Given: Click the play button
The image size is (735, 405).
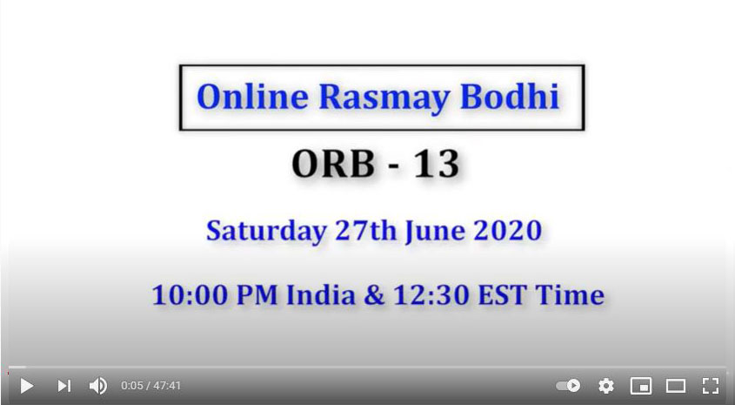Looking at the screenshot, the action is pyautogui.click(x=27, y=386).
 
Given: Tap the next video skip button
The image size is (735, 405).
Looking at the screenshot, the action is pyautogui.click(x=64, y=386).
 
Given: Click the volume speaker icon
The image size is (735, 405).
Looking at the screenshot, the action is pyautogui.click(x=98, y=386).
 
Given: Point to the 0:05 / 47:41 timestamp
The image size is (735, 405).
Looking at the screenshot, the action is pyautogui.click(x=151, y=386).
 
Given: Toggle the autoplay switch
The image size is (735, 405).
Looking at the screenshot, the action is pyautogui.click(x=568, y=386).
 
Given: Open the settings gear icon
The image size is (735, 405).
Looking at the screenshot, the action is pyautogui.click(x=606, y=386).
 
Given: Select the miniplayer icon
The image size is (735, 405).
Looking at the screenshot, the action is pyautogui.click(x=641, y=386).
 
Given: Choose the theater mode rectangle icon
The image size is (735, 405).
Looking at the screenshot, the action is pyautogui.click(x=676, y=386).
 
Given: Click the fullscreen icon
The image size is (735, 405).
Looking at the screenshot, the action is pyautogui.click(x=710, y=386).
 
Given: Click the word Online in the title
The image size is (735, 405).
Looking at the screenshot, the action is pyautogui.click(x=252, y=97).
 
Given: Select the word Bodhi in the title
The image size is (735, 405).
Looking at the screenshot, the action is pyautogui.click(x=510, y=97).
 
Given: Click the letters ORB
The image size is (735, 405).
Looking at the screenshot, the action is pyautogui.click(x=333, y=164).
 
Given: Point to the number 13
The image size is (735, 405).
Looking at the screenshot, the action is pyautogui.click(x=436, y=164).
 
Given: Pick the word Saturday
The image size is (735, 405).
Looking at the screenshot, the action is pyautogui.click(x=267, y=231).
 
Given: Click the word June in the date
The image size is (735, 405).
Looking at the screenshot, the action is pyautogui.click(x=435, y=231).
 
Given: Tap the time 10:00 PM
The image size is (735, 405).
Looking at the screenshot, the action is pyautogui.click(x=215, y=295).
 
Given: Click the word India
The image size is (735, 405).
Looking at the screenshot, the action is pyautogui.click(x=321, y=294).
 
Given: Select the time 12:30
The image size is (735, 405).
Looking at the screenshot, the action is pyautogui.click(x=431, y=295).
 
